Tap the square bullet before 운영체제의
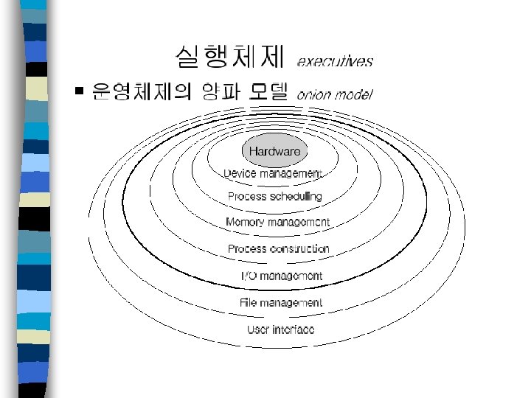click(79, 92)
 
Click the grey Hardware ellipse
click(274, 151)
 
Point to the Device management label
click(273, 174)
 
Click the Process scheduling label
click(274, 196)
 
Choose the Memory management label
click(277, 222)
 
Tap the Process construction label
click(278, 249)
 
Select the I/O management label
click(282, 276)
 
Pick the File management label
click(281, 302)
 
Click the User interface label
click(280, 329)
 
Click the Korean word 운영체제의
click(140, 92)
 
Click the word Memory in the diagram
click(246, 222)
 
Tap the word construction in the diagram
click(299, 249)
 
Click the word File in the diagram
click(249, 302)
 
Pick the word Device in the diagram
click(240, 174)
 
